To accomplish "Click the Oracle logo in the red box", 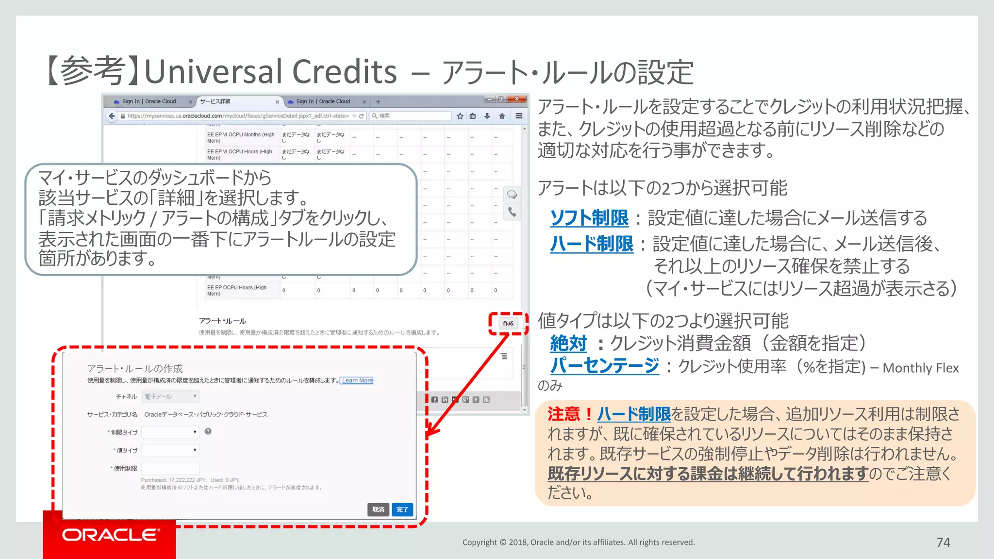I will click(110, 535).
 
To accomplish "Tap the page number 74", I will click(943, 542).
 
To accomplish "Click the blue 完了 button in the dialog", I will click(402, 509).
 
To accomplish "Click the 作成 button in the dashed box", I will click(508, 323).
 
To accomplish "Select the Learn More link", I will click(357, 380).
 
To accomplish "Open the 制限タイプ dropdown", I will click(170, 432).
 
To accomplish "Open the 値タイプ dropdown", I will click(170, 450).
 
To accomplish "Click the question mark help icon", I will click(208, 431).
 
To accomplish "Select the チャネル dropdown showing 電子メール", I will click(170, 396).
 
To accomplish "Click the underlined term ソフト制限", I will click(589, 218).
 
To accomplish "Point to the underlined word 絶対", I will click(568, 344).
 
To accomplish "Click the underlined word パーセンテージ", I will click(604, 366).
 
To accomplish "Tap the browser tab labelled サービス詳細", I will click(237, 101).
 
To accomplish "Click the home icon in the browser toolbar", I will click(502, 116).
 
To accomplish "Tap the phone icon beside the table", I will click(512, 212).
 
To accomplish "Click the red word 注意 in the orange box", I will click(563, 414).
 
